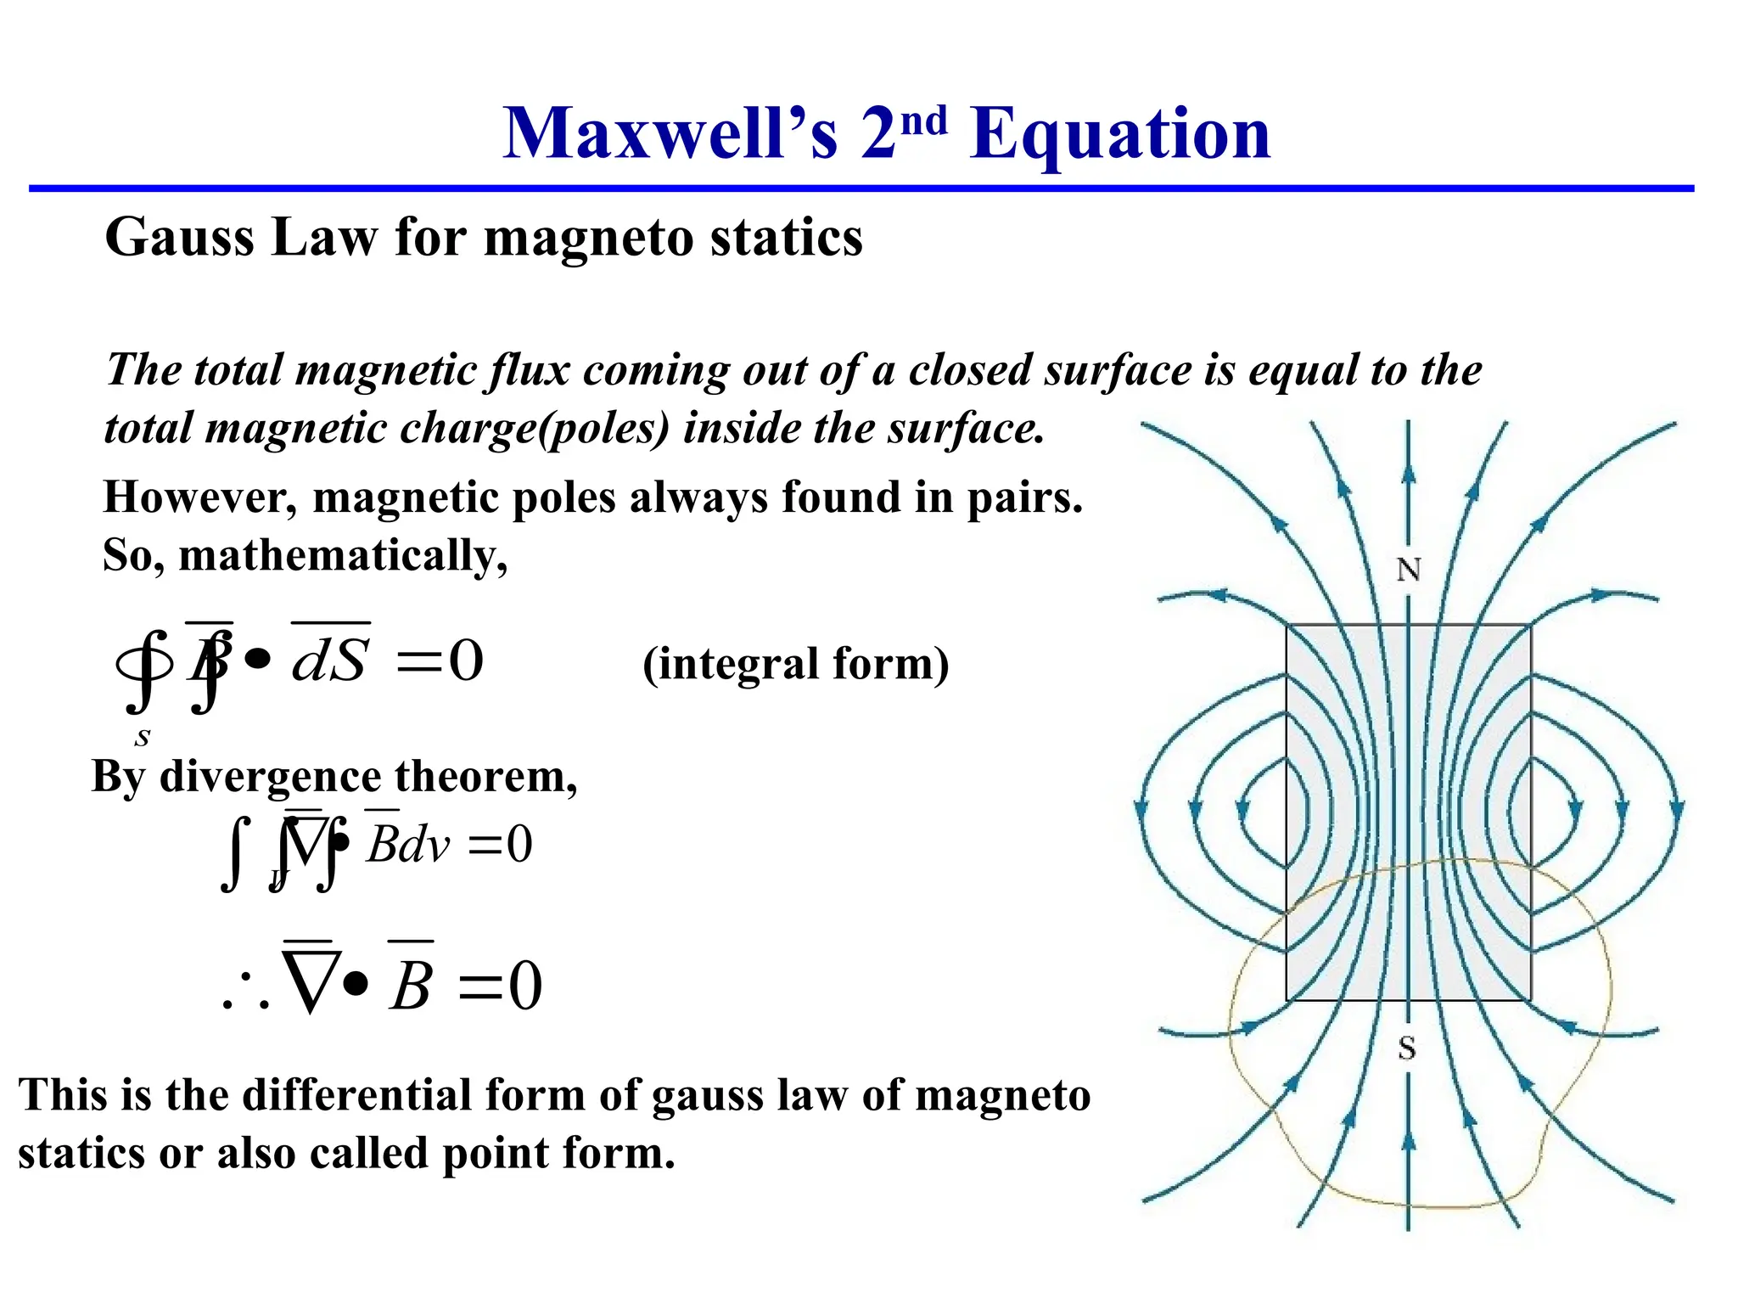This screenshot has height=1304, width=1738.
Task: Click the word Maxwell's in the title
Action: click(670, 134)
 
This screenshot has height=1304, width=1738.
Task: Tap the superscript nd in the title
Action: click(923, 121)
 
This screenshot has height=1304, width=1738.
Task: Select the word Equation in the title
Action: click(1120, 136)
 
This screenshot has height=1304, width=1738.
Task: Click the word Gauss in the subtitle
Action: click(179, 237)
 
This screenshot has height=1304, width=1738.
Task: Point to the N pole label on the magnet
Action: click(1409, 570)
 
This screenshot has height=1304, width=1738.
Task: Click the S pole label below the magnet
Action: click(1407, 1048)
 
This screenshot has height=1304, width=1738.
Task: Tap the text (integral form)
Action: click(796, 664)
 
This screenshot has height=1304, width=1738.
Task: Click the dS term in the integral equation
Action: click(330, 660)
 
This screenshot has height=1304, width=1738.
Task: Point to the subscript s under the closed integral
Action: click(143, 737)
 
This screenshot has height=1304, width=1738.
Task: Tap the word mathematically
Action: click(343, 557)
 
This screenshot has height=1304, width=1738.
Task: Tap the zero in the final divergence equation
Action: click(524, 986)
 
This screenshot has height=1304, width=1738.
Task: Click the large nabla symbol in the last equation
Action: click(311, 981)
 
